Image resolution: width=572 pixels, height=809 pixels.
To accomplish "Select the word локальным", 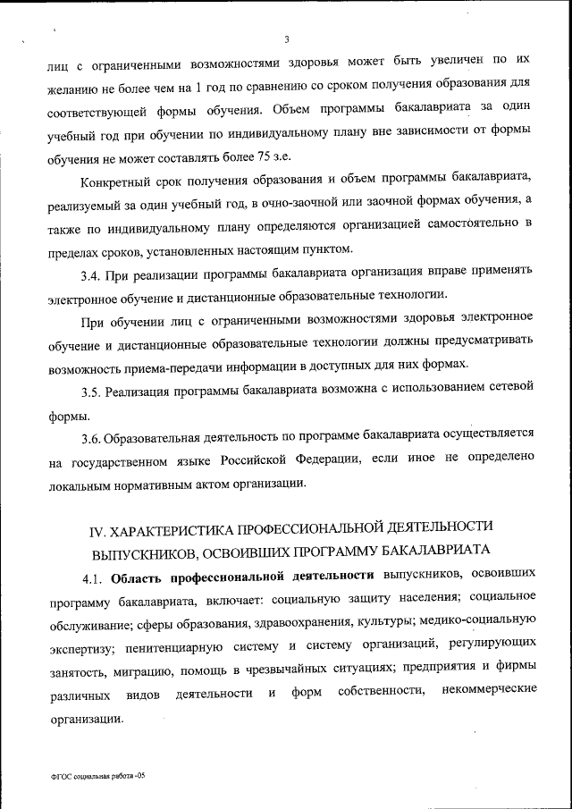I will (x=84, y=485).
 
